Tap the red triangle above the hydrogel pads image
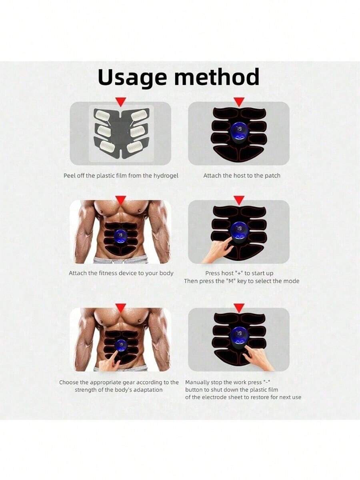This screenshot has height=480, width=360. coord(120,102)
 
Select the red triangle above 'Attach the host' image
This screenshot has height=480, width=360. coord(239,102)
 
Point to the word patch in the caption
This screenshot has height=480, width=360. coord(272,176)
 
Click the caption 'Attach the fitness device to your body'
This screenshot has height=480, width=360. coord(121,273)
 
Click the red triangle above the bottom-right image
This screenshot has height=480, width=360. coord(239,308)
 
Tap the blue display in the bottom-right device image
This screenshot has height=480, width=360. coord(239,336)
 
